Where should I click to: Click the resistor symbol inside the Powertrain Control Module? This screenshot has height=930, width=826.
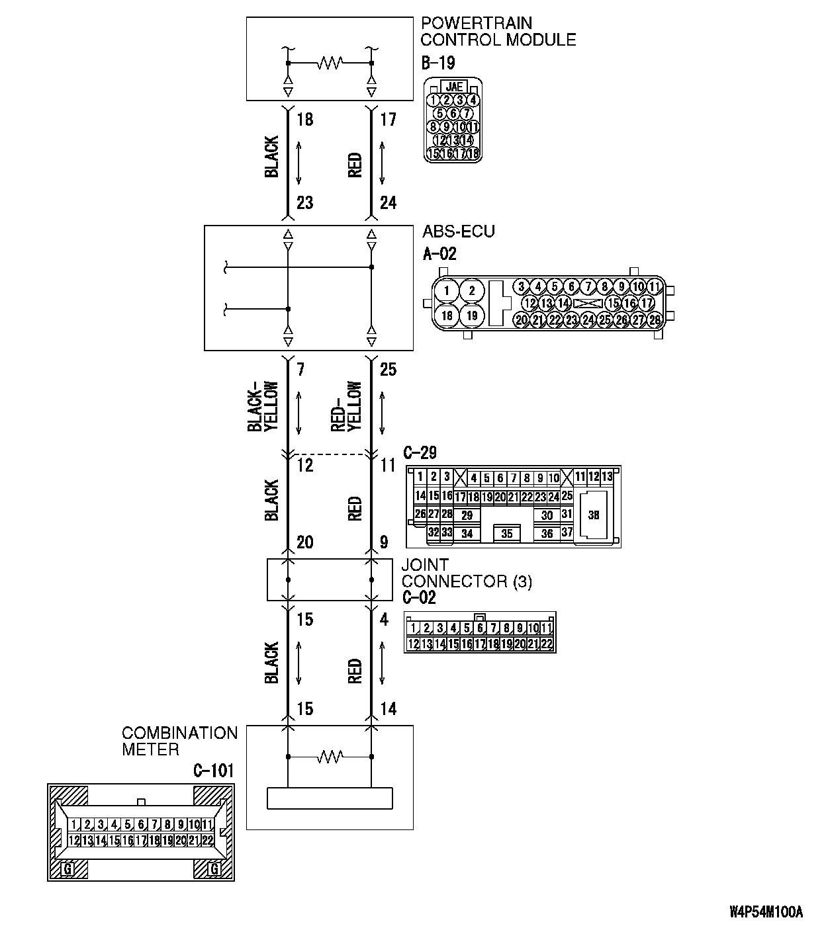[329, 63]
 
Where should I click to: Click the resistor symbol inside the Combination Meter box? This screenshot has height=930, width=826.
[329, 756]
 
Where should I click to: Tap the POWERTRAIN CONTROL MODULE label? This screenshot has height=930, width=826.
[498, 32]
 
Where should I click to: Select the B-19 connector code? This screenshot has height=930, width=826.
[437, 63]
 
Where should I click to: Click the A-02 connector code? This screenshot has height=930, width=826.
[439, 253]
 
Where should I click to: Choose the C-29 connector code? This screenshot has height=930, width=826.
[420, 453]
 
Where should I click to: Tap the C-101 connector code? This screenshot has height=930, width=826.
[213, 771]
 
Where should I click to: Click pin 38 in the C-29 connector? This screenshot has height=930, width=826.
[594, 515]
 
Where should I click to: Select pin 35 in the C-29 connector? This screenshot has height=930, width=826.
[507, 534]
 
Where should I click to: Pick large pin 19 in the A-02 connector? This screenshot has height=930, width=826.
[471, 316]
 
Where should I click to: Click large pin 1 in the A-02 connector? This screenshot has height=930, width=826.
[447, 291]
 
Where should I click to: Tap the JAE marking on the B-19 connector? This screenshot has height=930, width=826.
[454, 87]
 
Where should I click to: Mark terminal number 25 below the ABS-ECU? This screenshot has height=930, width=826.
[388, 369]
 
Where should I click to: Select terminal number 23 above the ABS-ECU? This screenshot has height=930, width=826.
[304, 202]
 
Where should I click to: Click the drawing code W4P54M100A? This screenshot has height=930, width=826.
[766, 912]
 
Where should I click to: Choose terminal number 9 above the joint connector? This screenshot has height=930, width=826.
[384, 543]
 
